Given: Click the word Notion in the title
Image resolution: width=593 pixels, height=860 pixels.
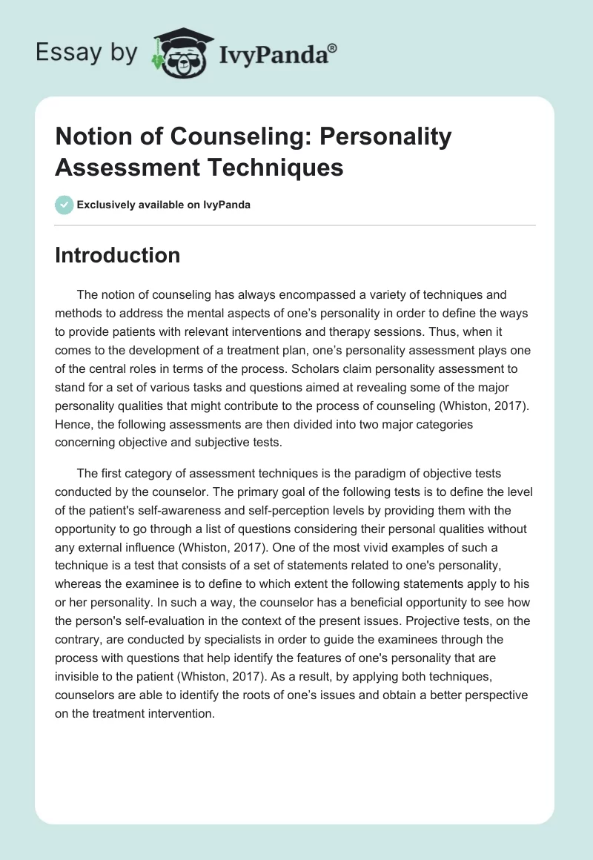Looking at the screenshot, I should [x=93, y=137].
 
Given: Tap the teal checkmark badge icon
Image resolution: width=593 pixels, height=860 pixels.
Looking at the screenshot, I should [x=64, y=205].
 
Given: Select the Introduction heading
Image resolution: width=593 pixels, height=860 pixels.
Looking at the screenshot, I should [x=117, y=255].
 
